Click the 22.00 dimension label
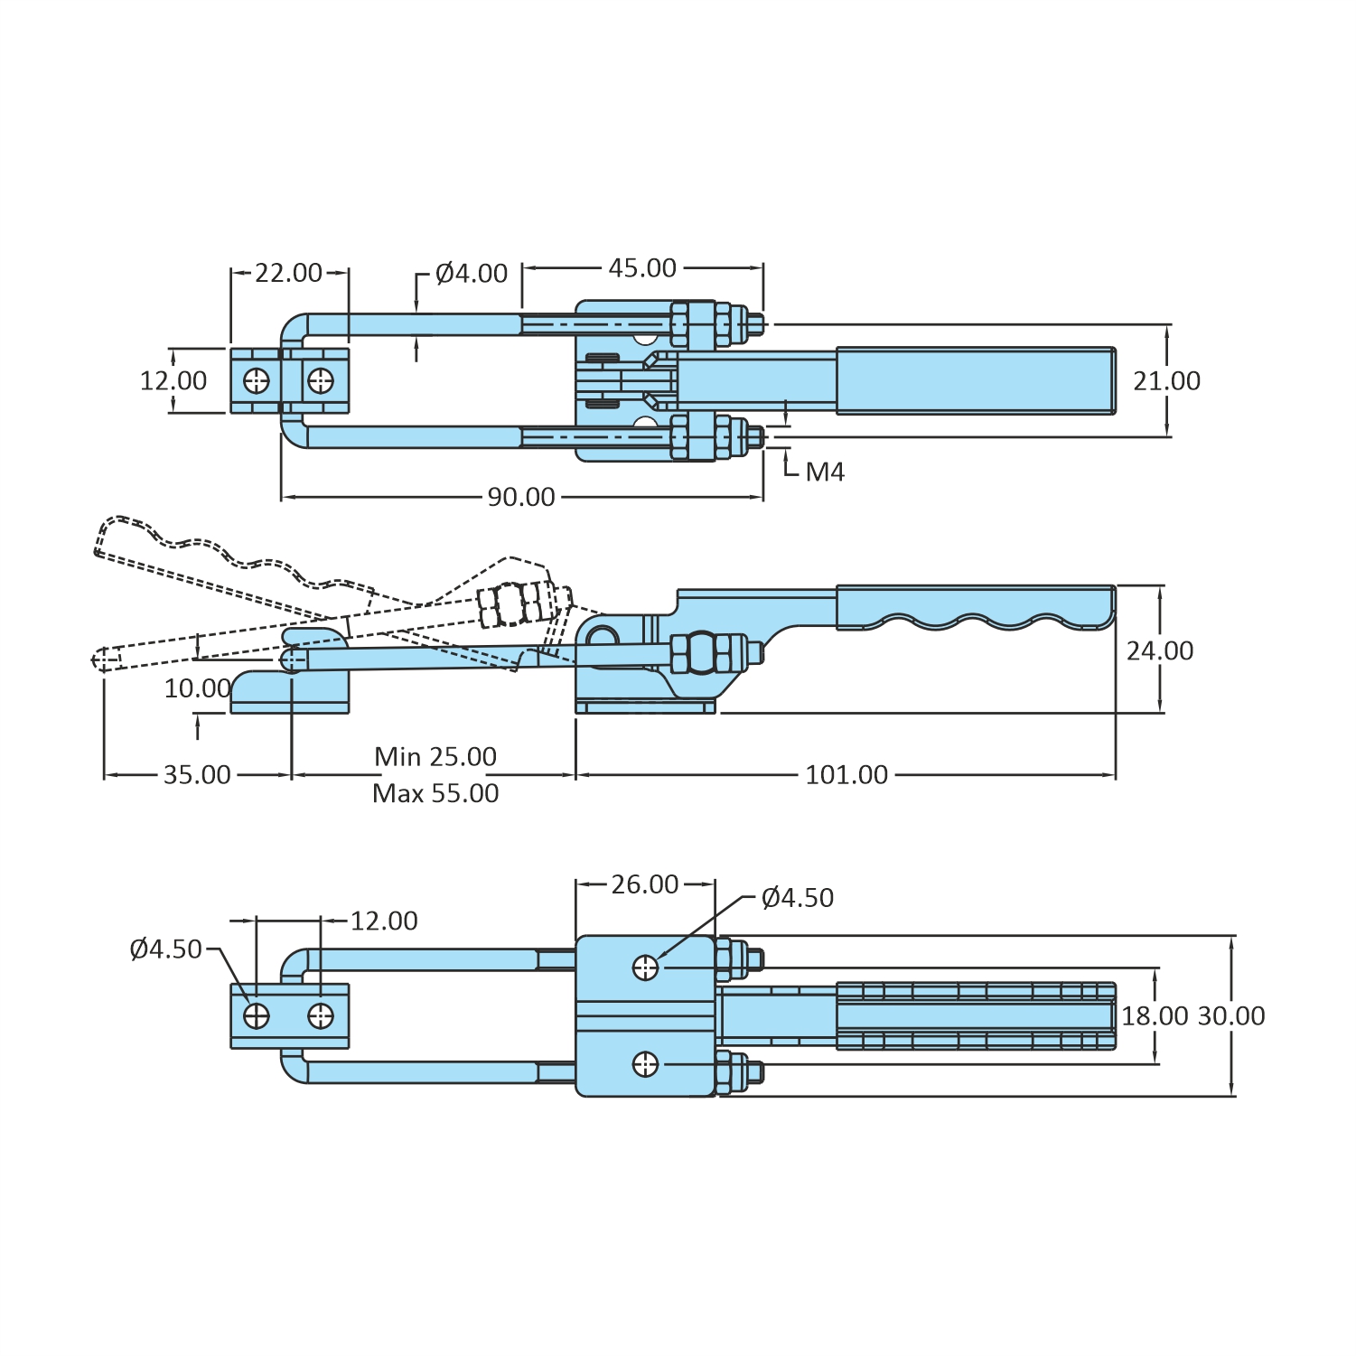coord(288,272)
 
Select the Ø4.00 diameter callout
coord(471,273)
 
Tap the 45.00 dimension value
coord(641,268)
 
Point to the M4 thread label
coord(824,472)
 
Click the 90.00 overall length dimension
coord(521,497)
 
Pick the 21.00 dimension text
coord(1166,381)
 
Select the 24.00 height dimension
coord(1159,650)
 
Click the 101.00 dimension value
coord(846,775)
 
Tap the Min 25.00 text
coord(435,756)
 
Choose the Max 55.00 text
coord(435,793)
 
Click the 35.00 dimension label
coord(197,775)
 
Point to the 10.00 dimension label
coord(197,688)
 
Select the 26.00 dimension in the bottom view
coord(644,884)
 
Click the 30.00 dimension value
coord(1230,1016)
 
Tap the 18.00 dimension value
coord(1155,1016)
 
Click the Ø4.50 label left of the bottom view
coord(165,949)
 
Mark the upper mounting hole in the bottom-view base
coord(645,968)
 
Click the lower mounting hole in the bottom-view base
coord(645,1065)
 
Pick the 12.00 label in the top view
coord(173,381)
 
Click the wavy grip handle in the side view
coord(976,607)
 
